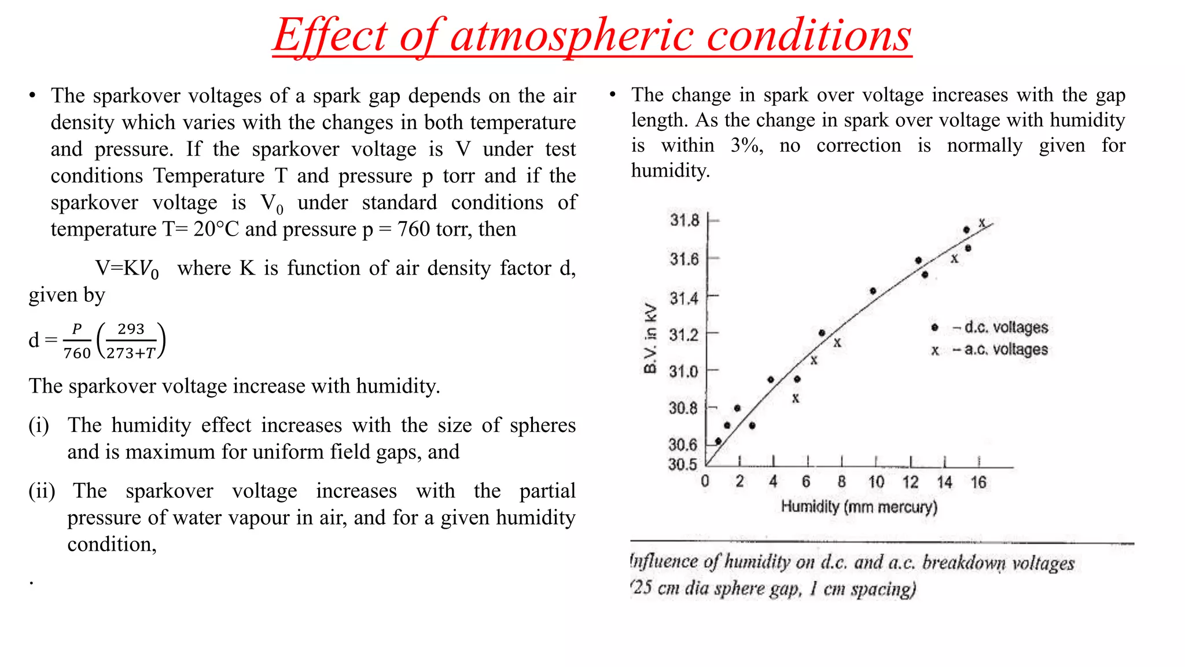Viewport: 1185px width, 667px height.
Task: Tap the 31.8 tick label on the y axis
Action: (x=684, y=220)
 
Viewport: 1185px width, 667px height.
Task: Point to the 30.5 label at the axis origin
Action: (x=682, y=464)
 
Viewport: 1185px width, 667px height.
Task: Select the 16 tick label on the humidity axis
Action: (x=978, y=482)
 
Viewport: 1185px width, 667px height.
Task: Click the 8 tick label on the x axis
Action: (x=841, y=482)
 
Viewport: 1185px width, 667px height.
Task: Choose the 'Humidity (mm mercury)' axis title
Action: (x=859, y=507)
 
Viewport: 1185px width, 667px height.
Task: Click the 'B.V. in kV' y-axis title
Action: (x=651, y=339)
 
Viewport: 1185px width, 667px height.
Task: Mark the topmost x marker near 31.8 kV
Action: (x=982, y=222)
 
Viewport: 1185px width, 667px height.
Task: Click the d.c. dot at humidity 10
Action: (x=873, y=291)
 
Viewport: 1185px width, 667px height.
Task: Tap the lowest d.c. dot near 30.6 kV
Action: (x=718, y=441)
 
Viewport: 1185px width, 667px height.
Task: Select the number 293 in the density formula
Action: (x=131, y=329)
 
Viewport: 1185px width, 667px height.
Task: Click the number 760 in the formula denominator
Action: (x=77, y=353)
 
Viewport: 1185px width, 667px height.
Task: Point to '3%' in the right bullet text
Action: (x=746, y=145)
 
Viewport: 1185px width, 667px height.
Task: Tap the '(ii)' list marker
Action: (x=42, y=491)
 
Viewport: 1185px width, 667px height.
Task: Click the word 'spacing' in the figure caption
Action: (x=883, y=589)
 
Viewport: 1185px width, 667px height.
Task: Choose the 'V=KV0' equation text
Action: (x=127, y=269)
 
